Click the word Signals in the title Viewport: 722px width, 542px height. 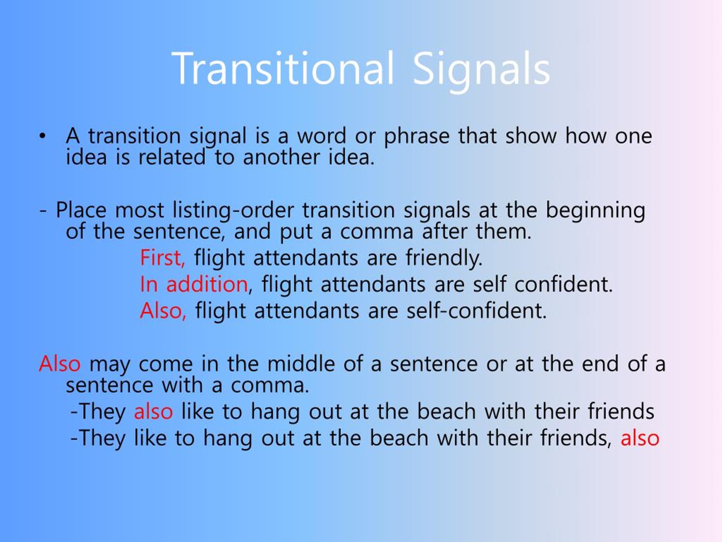[482, 72]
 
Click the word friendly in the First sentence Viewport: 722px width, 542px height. [444, 258]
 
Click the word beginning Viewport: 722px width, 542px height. [595, 210]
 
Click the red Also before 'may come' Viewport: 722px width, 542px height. [60, 364]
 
